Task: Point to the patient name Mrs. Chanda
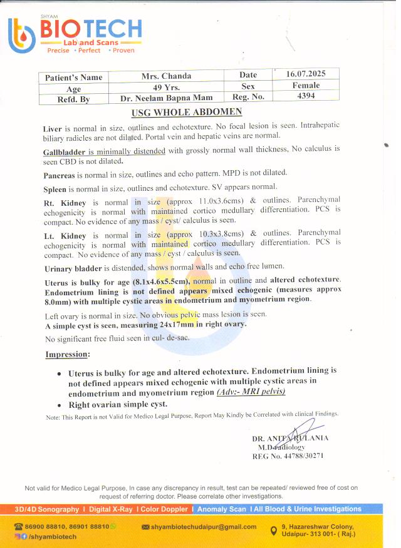tap(166, 76)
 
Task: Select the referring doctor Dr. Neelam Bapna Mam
tap(166, 98)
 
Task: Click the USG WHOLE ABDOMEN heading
tap(186, 113)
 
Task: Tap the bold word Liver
tap(53, 128)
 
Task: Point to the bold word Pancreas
tap(61, 172)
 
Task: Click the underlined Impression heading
tap(67, 355)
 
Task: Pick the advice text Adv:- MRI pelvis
tap(251, 392)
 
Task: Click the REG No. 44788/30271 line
tap(288, 456)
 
